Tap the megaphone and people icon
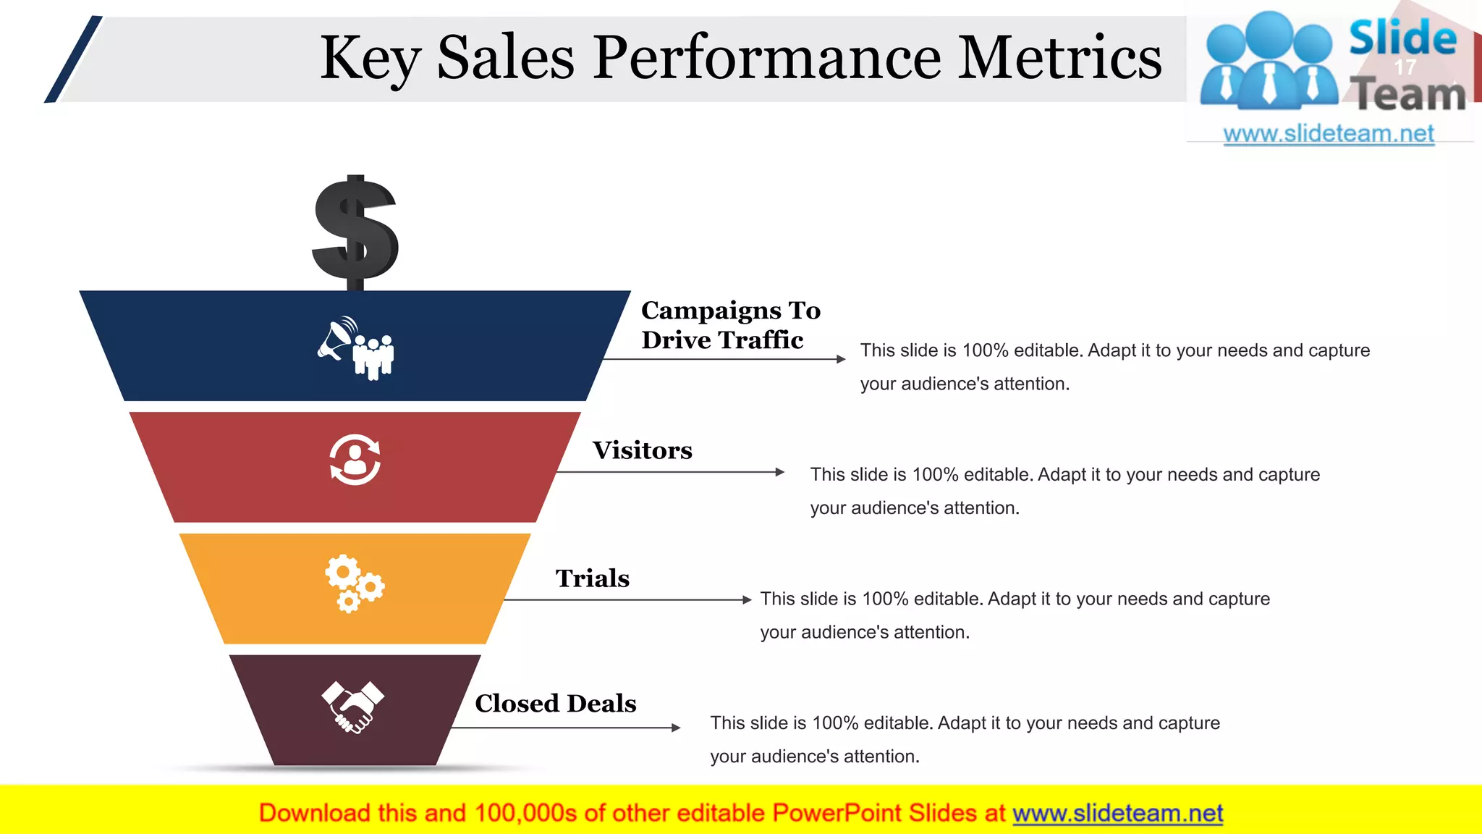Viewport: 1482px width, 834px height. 356,347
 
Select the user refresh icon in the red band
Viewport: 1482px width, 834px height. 355,459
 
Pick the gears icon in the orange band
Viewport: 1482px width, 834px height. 354,583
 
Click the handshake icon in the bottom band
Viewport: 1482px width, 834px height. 353,707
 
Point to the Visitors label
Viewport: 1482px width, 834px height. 642,450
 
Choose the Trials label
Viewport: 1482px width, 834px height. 592,578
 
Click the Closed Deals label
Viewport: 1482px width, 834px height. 555,703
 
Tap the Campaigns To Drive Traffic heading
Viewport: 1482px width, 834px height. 730,325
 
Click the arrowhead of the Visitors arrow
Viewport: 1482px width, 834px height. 779,472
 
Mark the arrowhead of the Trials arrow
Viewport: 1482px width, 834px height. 748,599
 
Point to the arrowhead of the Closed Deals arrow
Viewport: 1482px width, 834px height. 676,728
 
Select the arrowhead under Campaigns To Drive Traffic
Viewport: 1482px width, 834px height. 841,359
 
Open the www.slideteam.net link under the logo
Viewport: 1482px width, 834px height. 1328,134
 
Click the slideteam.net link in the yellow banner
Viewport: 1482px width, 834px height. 1117,813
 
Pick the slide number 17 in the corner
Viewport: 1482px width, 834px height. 1405,67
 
